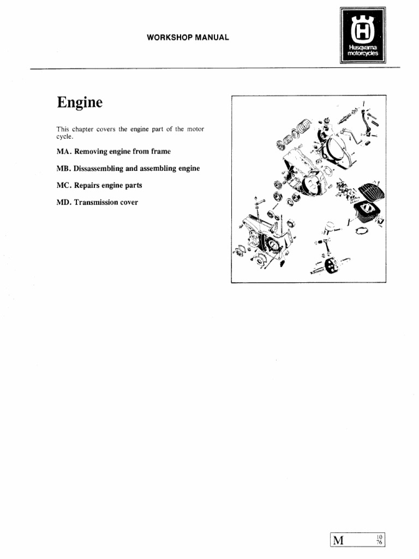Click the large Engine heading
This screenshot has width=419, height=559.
tap(79, 103)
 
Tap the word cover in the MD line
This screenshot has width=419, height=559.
tap(129, 203)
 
